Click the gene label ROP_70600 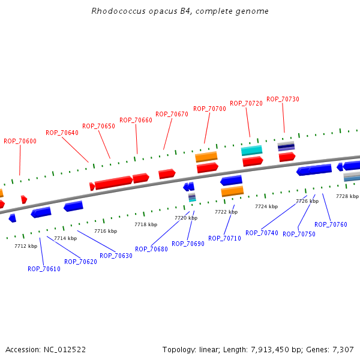[20, 141]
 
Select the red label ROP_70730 [283, 99]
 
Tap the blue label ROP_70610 [44, 269]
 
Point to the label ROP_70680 [151, 249]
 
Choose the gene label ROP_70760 [331, 224]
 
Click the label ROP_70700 [209, 109]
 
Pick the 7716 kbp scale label [106, 231]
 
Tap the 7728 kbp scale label [347, 196]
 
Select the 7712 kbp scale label [26, 246]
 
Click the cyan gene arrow [252, 150]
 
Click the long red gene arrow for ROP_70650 [113, 182]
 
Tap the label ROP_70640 [62, 133]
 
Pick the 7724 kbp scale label [266, 206]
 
